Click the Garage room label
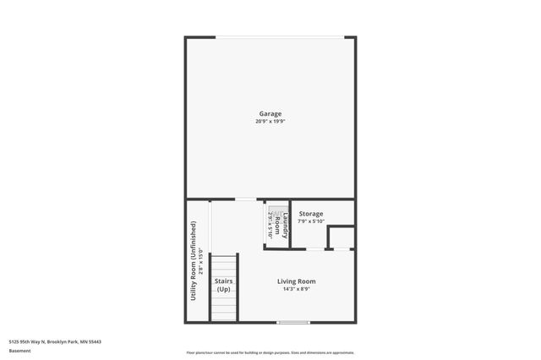pos(270,113)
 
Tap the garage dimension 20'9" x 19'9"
pos(270,122)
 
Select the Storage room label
pos(310,214)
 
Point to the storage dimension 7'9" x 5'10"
pos(310,221)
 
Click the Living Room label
pos(297,281)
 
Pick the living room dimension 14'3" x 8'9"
pos(297,290)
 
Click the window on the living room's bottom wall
pos(292,322)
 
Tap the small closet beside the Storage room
pos(341,237)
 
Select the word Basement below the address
pos(19,350)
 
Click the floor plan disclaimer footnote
pos(270,352)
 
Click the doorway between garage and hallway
pos(245,199)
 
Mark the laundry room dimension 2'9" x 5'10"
pos(271,225)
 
